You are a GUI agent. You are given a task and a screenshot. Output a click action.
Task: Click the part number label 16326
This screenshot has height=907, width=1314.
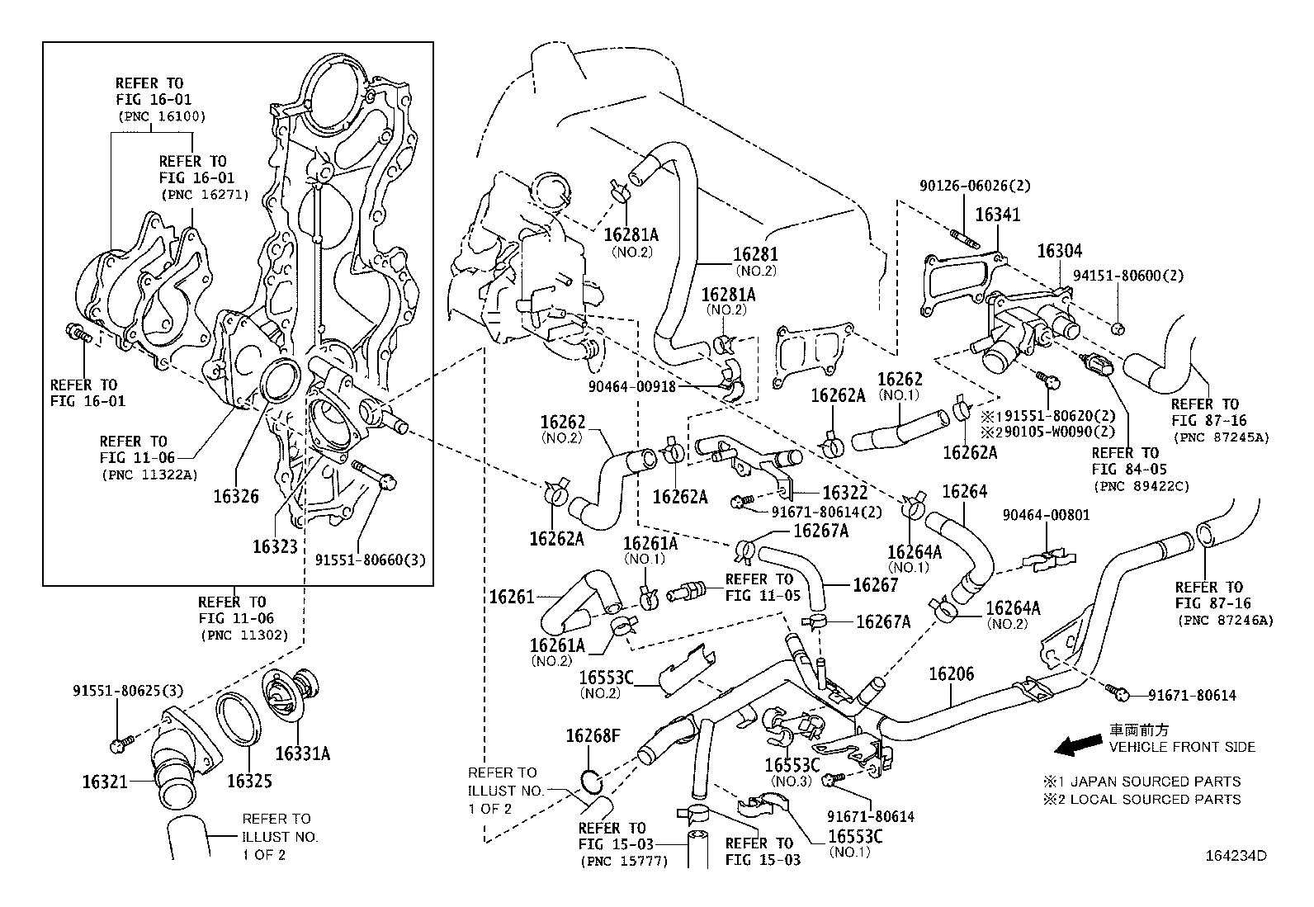(x=235, y=496)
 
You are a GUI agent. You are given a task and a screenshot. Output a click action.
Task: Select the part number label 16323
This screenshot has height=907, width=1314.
(x=275, y=546)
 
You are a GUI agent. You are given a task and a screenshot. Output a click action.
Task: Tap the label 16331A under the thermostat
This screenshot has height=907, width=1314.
(x=302, y=753)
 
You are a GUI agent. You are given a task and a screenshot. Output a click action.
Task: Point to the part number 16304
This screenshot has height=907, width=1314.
(x=1059, y=251)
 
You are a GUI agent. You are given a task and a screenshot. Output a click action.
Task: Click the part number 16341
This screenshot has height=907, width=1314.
(x=998, y=215)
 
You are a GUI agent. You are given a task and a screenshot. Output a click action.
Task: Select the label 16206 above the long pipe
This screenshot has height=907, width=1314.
(x=951, y=673)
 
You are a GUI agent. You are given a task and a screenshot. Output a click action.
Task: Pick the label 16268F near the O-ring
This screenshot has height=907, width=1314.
(x=592, y=735)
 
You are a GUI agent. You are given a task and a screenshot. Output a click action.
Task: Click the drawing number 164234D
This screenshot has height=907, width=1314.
(x=1236, y=856)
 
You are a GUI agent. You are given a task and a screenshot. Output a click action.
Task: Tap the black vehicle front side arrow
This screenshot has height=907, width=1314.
(x=1077, y=747)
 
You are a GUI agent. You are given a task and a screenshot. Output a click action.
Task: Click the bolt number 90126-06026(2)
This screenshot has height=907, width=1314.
(x=975, y=187)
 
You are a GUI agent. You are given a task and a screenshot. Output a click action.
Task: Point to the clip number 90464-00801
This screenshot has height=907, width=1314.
(x=1046, y=515)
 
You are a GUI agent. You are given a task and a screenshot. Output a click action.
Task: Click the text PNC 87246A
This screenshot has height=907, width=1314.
(x=1225, y=620)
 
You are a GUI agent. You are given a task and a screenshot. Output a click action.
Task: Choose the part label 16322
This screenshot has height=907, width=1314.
(x=845, y=492)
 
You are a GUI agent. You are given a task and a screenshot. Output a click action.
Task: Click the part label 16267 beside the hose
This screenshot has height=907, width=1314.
(x=875, y=585)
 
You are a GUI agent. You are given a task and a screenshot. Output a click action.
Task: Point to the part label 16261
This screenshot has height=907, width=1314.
(x=512, y=595)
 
